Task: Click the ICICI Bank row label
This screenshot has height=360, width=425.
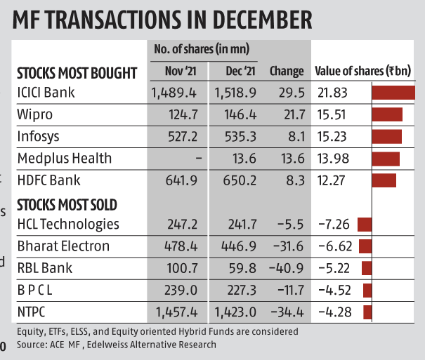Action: tap(46, 93)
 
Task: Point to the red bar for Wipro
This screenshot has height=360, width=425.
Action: tap(387, 114)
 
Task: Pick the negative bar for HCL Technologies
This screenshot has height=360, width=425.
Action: tap(365, 225)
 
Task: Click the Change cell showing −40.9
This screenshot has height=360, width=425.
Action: tap(287, 268)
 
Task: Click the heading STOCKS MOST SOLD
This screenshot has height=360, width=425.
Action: tap(67, 204)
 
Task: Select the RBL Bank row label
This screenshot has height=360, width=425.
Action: tap(44, 268)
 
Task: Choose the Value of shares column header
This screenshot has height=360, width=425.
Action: tap(362, 71)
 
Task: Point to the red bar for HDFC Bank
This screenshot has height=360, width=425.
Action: tap(384, 180)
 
